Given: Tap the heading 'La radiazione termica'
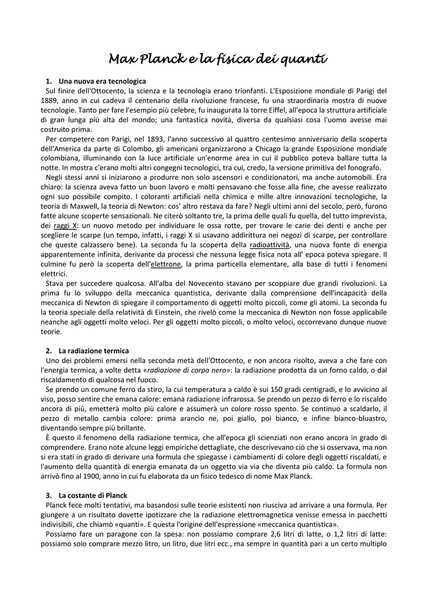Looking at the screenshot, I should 94,350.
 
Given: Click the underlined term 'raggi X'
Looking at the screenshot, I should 66,226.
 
